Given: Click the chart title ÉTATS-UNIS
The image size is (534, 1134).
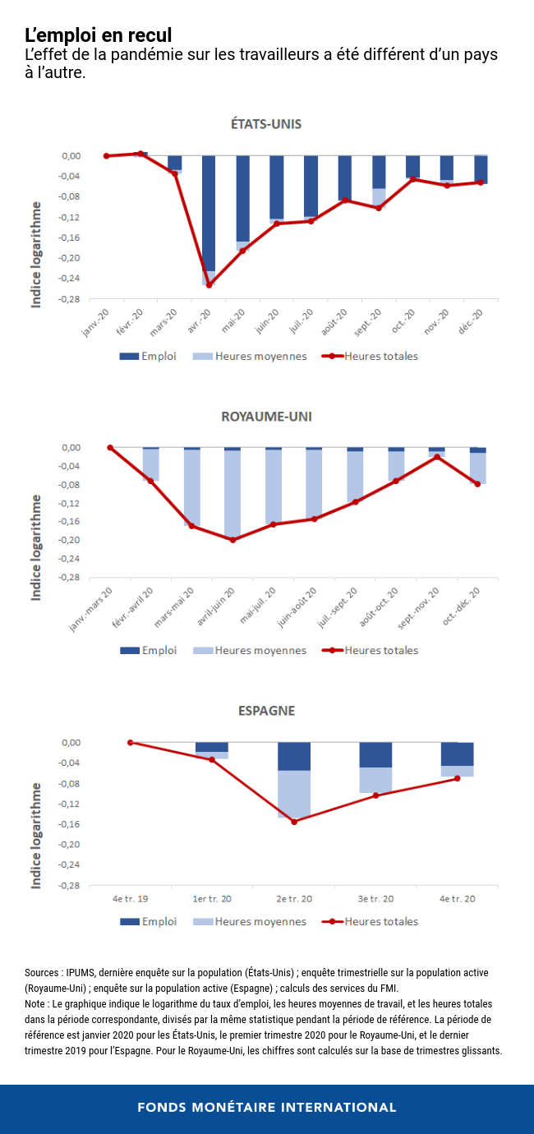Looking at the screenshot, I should pos(266,124).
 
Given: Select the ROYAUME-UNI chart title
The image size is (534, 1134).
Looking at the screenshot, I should pos(266,417).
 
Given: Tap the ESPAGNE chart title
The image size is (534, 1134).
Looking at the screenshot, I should pos(266,711).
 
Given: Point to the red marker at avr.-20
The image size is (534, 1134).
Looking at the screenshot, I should pos(209,285).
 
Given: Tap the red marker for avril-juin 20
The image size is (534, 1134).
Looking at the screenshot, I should pos(232,540).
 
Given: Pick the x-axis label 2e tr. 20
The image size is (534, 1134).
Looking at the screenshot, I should pos(294,899).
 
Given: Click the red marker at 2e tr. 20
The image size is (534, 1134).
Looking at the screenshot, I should pos(294,822).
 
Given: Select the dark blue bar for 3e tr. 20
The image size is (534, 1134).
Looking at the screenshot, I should pos(375,755).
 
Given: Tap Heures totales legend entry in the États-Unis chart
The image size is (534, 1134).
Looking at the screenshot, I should pos(380,356).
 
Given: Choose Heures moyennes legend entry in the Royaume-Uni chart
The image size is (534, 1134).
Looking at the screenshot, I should pos(260,650).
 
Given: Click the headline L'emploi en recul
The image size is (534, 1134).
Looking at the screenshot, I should pos(98,35).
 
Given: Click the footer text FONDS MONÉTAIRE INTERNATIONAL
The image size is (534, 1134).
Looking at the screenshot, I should pos(266,1107).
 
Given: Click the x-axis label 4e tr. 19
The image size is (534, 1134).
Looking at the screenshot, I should pos(130,899).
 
